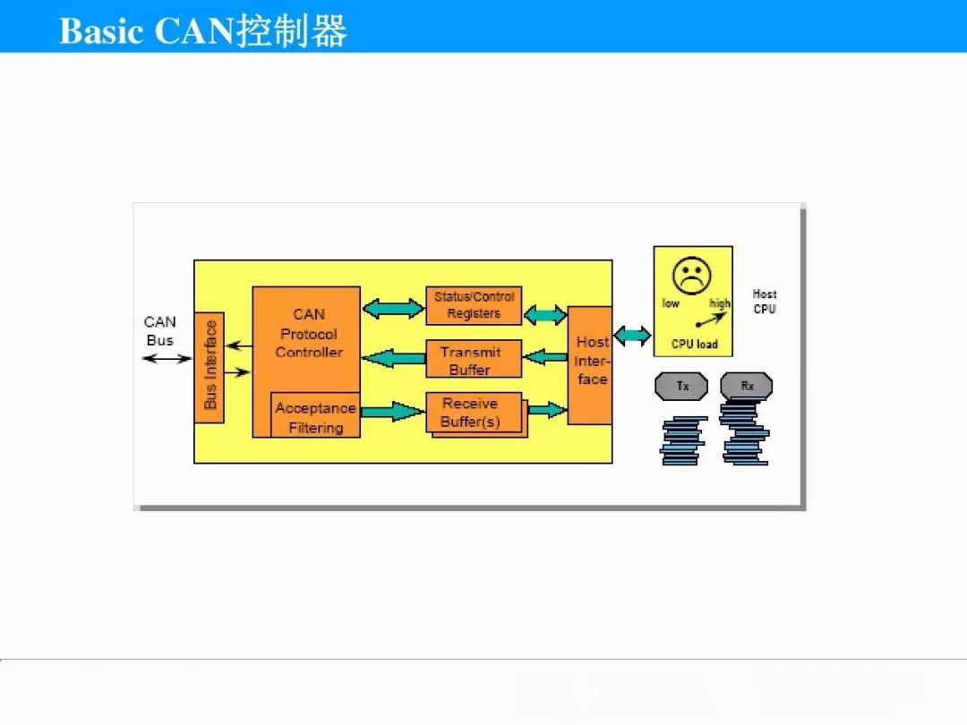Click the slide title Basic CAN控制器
click(203, 30)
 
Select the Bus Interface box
click(209, 368)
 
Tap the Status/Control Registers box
click(474, 305)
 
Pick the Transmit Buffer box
click(474, 359)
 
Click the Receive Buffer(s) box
click(474, 413)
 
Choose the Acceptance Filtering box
click(316, 415)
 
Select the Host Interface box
click(589, 365)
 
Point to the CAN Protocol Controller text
click(309, 333)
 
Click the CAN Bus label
click(159, 330)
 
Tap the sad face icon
click(692, 276)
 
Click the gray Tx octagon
click(681, 387)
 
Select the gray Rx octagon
click(746, 387)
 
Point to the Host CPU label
click(765, 302)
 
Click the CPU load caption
click(695, 344)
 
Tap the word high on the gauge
click(720, 303)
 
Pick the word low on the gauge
click(671, 303)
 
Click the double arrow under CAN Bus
click(167, 358)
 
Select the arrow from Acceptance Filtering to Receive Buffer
click(393, 411)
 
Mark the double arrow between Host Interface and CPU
click(633, 336)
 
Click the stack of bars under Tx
click(682, 440)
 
